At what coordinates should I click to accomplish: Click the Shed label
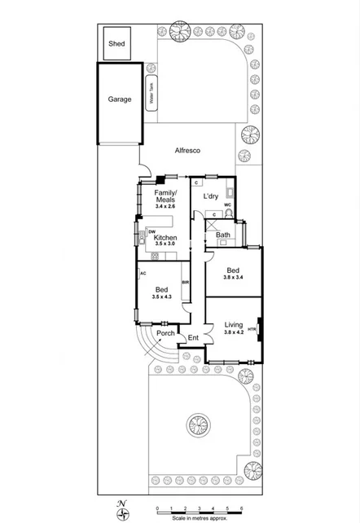pyautogui.click(x=116, y=42)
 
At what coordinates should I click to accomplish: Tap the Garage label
pyautogui.click(x=120, y=99)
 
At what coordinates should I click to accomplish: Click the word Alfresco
pyautogui.click(x=187, y=152)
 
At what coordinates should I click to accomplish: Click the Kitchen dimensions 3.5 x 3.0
pyautogui.click(x=165, y=244)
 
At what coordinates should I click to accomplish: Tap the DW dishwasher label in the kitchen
pyautogui.click(x=152, y=232)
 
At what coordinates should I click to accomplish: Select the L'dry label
pyautogui.click(x=210, y=196)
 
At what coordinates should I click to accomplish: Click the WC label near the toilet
pyautogui.click(x=228, y=205)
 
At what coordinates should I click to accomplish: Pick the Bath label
pyautogui.click(x=222, y=235)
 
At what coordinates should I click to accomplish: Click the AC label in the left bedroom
pyautogui.click(x=143, y=274)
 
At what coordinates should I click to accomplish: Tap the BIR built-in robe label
pyautogui.click(x=186, y=282)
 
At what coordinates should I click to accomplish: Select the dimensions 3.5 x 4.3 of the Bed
pyautogui.click(x=162, y=297)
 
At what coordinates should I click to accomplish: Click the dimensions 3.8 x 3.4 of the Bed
pyautogui.click(x=232, y=278)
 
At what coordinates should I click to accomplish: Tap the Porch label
pyautogui.click(x=165, y=332)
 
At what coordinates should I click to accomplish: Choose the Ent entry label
pyautogui.click(x=193, y=338)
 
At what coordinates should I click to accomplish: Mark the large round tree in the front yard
pyautogui.click(x=198, y=424)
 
